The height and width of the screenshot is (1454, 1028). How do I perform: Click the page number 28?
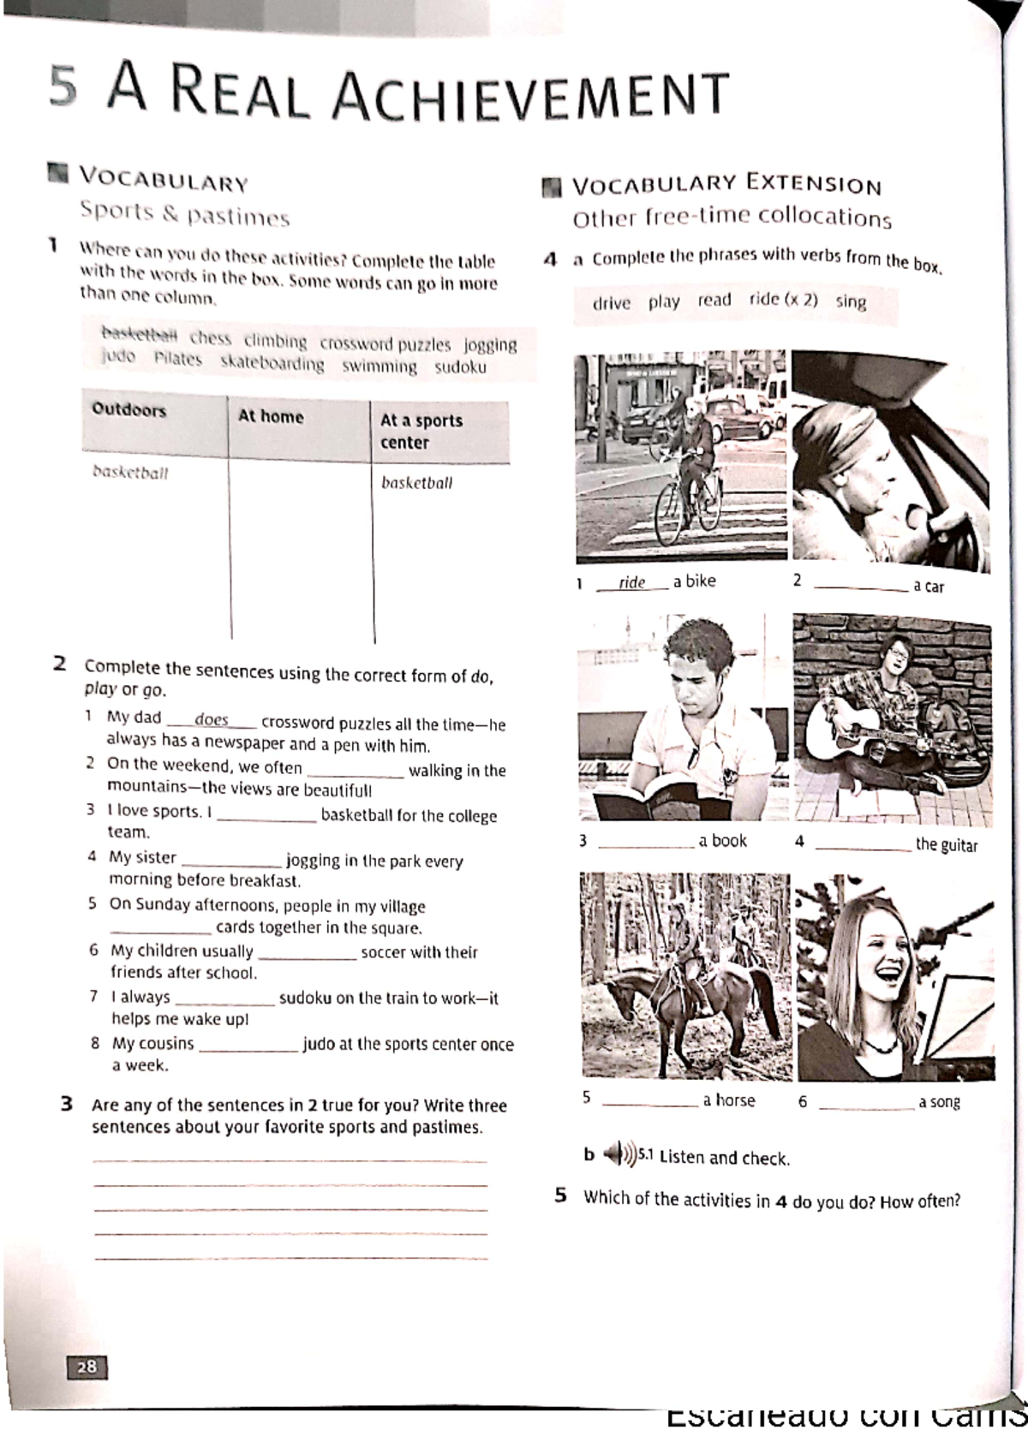click(87, 1367)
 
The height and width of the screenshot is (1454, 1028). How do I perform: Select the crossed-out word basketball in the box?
click(140, 335)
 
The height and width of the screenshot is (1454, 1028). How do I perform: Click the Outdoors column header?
click(129, 410)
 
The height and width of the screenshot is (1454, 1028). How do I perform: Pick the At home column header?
click(271, 416)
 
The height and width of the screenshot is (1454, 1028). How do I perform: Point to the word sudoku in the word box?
click(460, 367)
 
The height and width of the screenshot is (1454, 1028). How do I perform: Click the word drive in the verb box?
click(611, 303)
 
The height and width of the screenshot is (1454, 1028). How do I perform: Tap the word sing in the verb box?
click(851, 301)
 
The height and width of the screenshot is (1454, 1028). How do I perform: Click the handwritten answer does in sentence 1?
click(212, 720)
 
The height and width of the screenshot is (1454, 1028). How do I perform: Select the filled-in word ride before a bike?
click(632, 582)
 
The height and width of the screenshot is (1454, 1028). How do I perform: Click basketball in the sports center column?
click(416, 483)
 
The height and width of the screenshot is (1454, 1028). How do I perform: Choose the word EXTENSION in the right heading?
click(814, 184)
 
